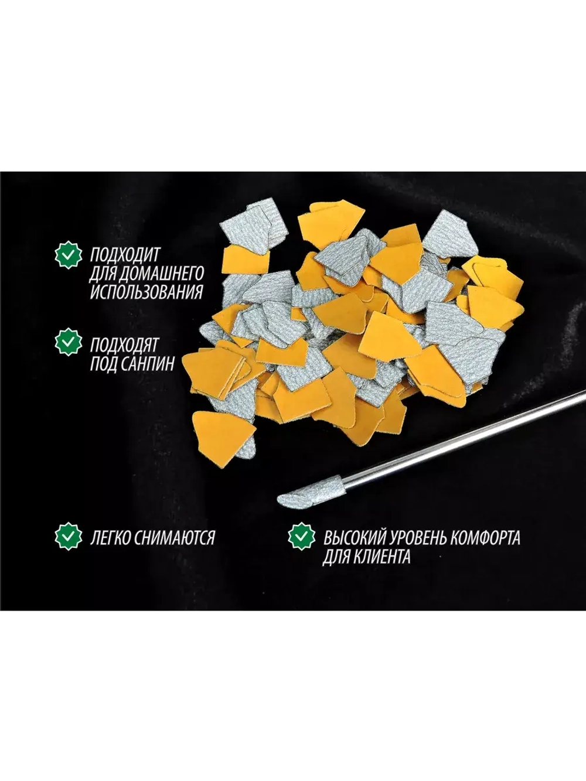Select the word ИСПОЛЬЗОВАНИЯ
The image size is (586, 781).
point(146,292)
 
